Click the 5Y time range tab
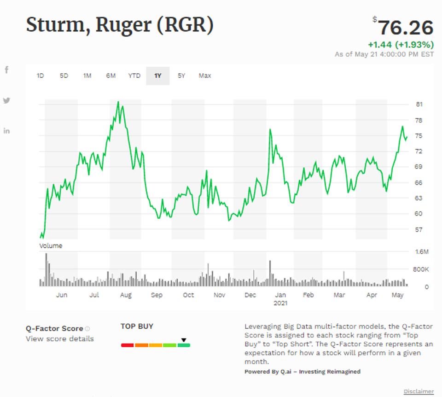point(181,76)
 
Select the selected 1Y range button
point(158,76)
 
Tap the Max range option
point(205,76)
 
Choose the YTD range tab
point(134,76)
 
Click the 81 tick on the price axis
point(419,105)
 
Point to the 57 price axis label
point(419,229)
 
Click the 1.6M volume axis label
point(422,252)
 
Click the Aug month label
point(126,295)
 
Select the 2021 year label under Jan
point(280,303)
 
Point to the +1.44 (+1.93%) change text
point(401,45)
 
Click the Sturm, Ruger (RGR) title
point(120,25)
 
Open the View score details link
point(59,339)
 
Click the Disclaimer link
point(419,391)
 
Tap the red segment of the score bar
point(127,345)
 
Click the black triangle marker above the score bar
point(184,340)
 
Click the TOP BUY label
point(137,326)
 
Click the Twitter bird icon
point(6,100)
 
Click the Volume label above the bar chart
point(51,245)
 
